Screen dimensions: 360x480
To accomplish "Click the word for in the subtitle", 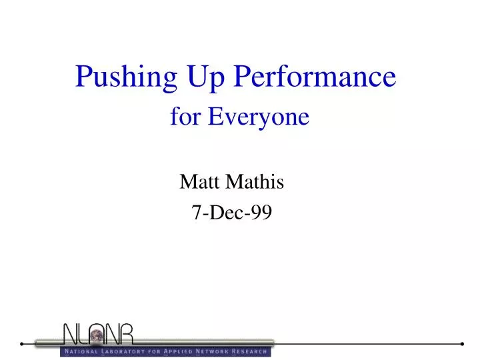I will coord(186,117).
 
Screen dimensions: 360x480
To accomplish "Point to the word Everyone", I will coord(259,118).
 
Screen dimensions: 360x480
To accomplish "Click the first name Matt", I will coord(200,181).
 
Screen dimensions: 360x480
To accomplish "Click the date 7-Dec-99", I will coord(231,212).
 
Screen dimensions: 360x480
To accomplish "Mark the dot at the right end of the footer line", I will coord(463,344).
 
